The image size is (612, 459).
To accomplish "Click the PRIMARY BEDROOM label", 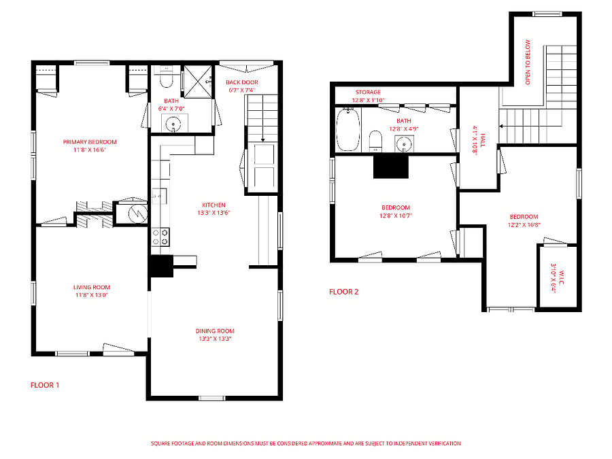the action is pos(90,142).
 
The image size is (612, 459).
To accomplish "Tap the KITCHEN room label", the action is pos(214,205).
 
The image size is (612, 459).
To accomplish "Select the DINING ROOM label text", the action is pos(215,331).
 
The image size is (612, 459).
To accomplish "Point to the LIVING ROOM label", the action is pos(92,287).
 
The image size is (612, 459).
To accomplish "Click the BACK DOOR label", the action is pos(242,82).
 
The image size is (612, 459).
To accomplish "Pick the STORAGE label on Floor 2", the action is pos(368,92).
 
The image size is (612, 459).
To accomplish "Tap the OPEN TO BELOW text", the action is pos(528,63).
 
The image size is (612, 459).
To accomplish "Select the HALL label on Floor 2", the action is pos(483,141).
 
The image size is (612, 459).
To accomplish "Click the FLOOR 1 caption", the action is pos(45,386).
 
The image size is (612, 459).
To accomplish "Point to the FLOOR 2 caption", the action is pos(344,292).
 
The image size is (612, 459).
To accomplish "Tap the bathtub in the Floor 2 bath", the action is pos(348,130).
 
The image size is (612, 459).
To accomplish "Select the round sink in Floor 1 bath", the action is pos(173,125).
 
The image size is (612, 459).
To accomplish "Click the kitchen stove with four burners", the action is pos(160,237).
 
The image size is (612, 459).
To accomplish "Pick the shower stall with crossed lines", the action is pos(198,81).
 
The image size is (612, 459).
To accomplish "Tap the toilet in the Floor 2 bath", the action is pos(375,141).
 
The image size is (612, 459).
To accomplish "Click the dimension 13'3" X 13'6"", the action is pos(214,213).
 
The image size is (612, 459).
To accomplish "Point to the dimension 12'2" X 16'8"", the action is pos(524,225).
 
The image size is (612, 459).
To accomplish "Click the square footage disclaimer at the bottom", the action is pos(306,443).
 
